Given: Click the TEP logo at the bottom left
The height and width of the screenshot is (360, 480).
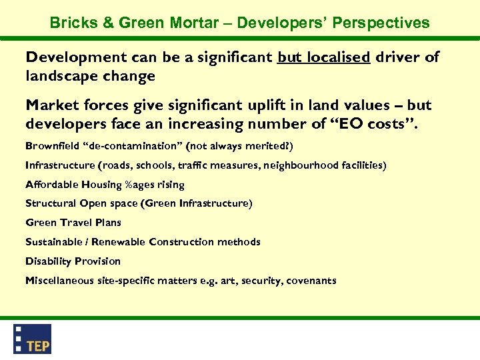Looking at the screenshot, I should [33, 339].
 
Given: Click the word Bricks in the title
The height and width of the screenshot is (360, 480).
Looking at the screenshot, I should [72, 23].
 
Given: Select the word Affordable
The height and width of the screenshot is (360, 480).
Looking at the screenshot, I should [51, 184].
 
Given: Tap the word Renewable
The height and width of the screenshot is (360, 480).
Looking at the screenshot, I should [119, 242].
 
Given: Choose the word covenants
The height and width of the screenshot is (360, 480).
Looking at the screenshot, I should [311, 281].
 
